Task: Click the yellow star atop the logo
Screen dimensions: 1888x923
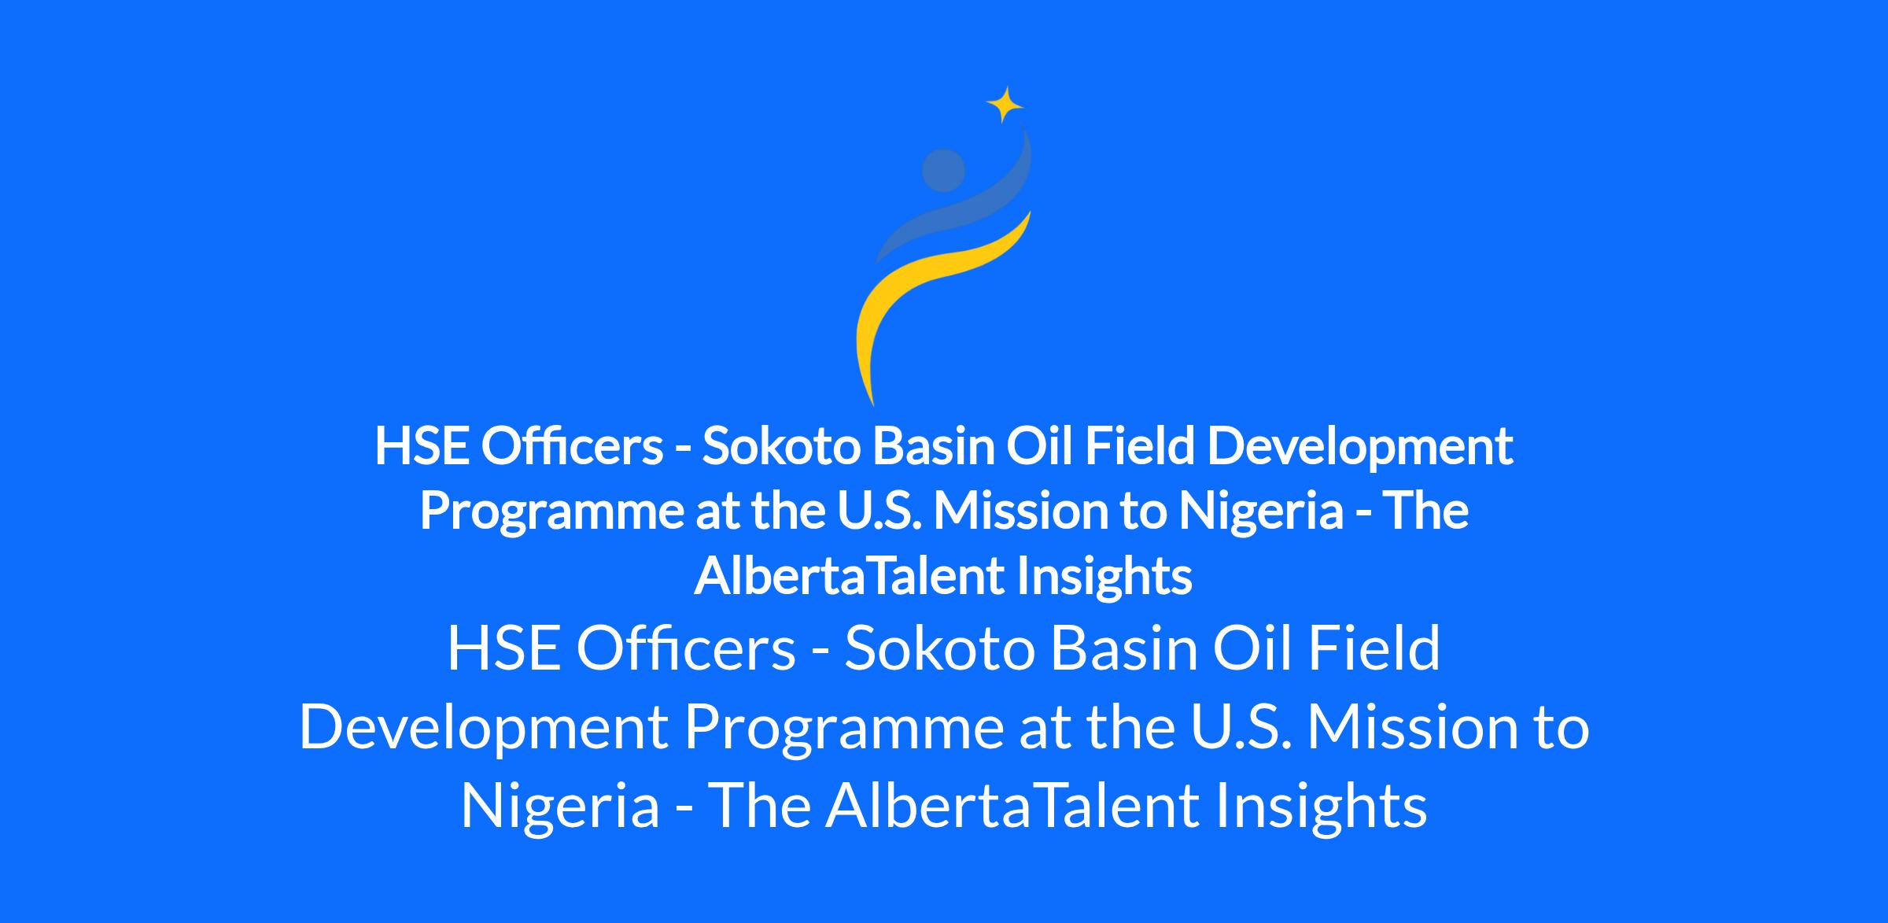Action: pyautogui.click(x=1005, y=105)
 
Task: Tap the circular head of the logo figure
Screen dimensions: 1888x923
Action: pyautogui.click(x=943, y=170)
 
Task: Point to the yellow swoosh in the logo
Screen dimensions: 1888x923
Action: pyautogui.click(x=928, y=299)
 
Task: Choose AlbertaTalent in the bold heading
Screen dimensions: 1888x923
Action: pyautogui.click(x=846, y=576)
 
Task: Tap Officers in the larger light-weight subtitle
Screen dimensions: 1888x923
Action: pyautogui.click(x=685, y=648)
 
